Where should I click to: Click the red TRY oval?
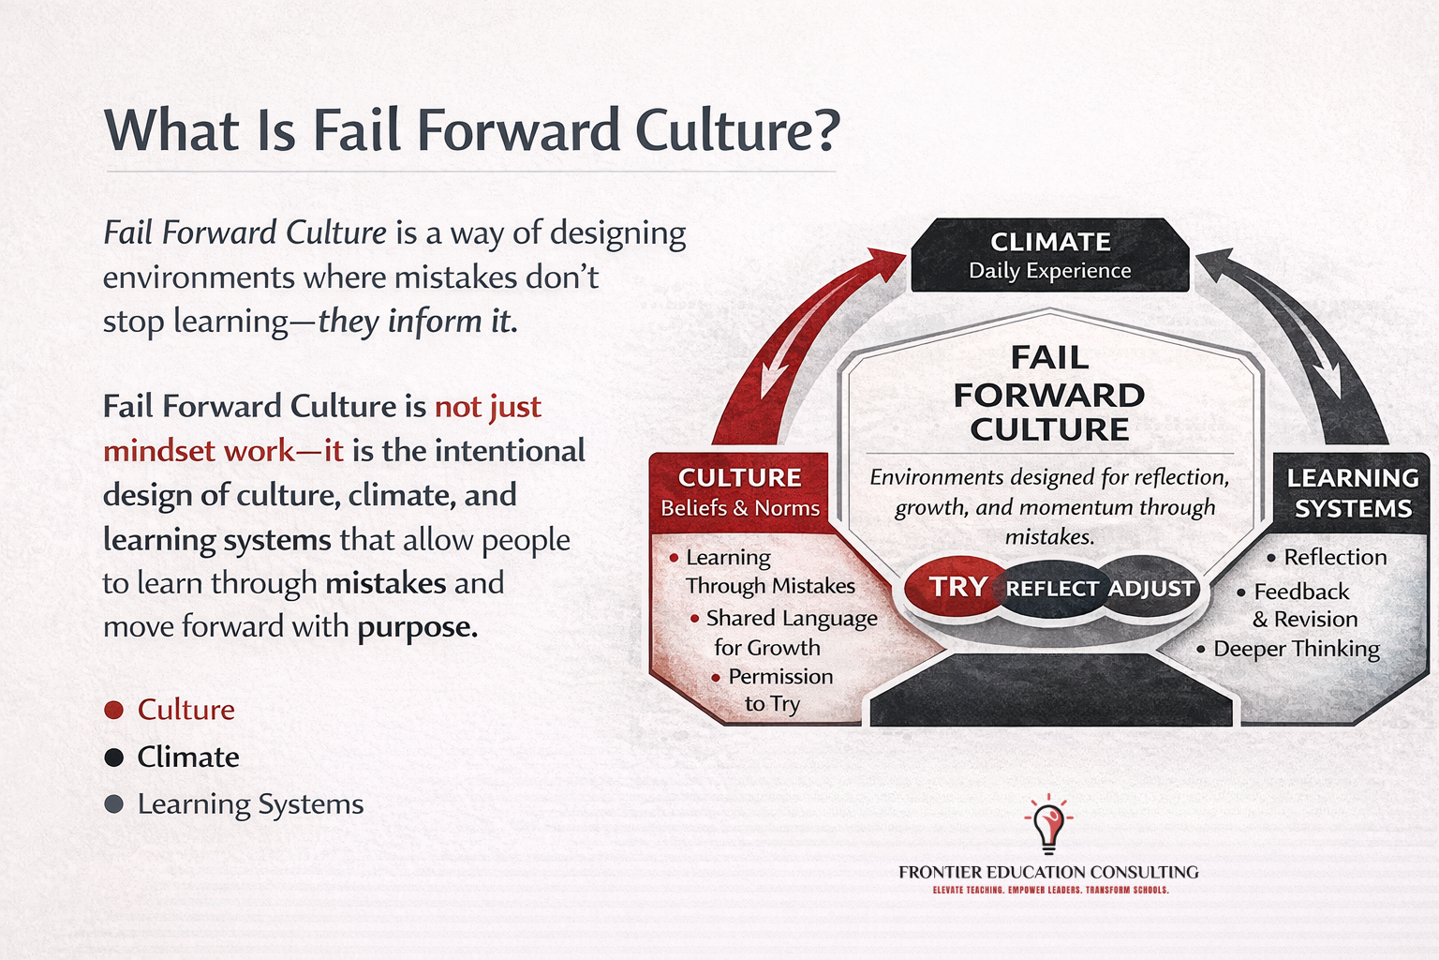point(956,587)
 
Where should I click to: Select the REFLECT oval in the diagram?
point(1051,589)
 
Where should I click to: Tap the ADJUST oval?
point(1151,589)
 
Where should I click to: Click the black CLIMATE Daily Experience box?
point(1049,256)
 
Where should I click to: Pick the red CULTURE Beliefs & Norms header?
point(739,492)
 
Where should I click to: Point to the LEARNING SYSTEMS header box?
point(1352,493)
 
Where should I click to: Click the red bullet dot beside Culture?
point(114,710)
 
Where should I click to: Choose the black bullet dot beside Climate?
point(114,757)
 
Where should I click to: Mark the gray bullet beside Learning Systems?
point(114,804)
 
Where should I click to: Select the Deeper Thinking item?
point(1296,649)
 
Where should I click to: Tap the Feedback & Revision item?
point(1303,606)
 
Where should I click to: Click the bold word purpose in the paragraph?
point(417,627)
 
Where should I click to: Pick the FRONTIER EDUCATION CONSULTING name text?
point(1048,872)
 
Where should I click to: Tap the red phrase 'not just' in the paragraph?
point(487,407)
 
